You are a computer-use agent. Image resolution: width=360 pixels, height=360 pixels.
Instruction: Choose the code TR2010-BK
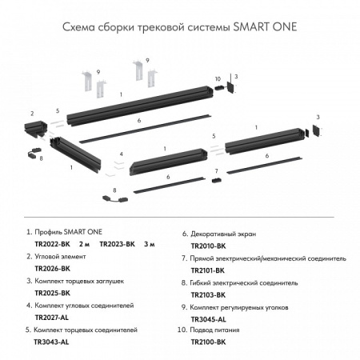tap(209, 247)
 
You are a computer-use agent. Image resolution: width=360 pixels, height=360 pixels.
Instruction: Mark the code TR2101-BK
tap(209, 270)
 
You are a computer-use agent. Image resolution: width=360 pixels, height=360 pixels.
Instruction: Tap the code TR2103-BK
tap(209, 294)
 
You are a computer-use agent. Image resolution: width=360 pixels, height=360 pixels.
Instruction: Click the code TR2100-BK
tap(209, 340)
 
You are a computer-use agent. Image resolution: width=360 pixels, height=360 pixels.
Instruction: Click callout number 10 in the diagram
tap(217, 78)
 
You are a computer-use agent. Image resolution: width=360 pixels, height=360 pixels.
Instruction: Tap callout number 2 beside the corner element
tap(32, 113)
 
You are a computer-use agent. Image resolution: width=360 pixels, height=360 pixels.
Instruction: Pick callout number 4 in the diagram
tap(121, 153)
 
